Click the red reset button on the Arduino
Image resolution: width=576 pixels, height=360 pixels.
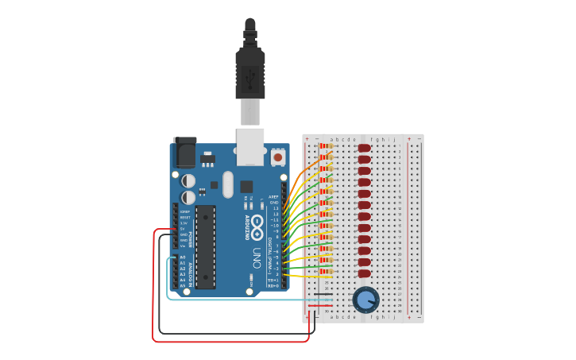pos(278,157)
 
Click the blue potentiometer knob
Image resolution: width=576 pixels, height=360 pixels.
pos(365,300)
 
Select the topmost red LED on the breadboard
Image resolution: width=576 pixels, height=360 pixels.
pos(365,148)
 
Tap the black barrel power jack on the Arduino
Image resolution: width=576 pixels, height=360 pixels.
pos(184,151)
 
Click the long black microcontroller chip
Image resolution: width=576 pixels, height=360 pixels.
pos(206,246)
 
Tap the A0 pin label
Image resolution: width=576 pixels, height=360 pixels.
pos(183,257)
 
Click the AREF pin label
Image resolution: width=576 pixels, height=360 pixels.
pos(274,196)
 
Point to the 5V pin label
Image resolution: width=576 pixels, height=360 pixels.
pos(184,229)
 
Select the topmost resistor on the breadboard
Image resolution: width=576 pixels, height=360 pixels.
pos(325,148)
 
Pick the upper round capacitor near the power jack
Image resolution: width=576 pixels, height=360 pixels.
pos(188,180)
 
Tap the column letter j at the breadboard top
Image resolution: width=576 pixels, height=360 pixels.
pos(394,139)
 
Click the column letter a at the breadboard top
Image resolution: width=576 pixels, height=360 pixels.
pos(333,139)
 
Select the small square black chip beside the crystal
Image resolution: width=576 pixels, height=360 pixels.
pos(246,187)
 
